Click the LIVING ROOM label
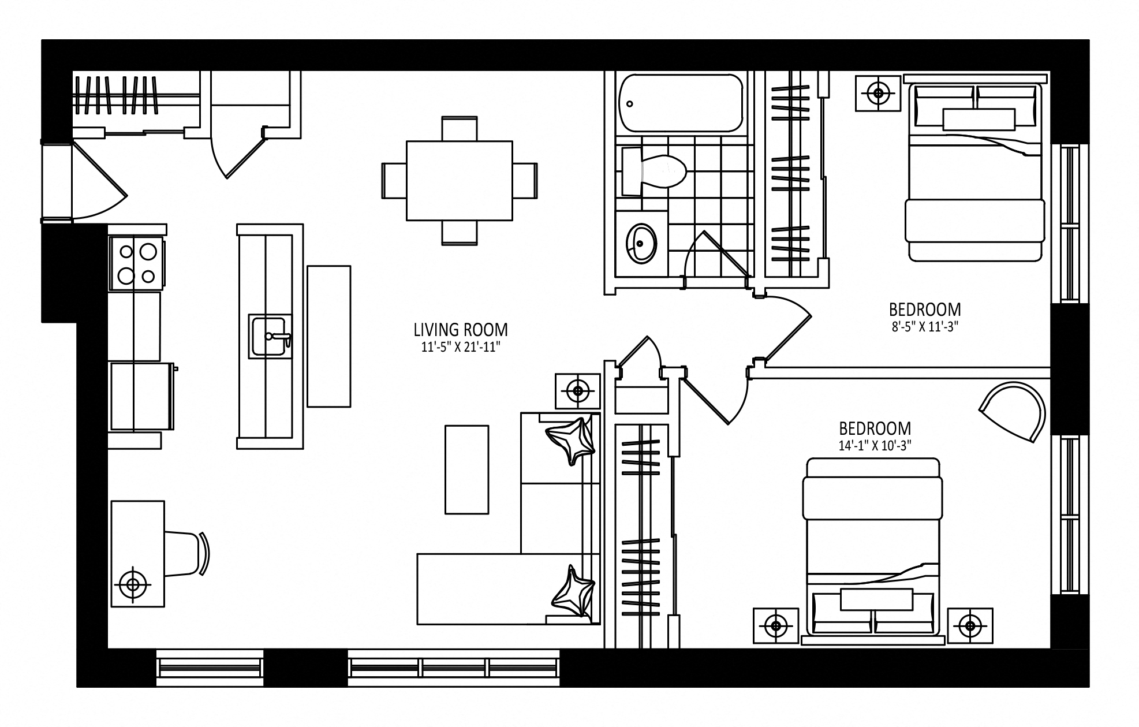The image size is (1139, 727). (x=461, y=330)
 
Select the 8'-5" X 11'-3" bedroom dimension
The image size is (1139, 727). (x=925, y=327)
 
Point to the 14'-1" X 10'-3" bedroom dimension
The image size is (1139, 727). (x=875, y=446)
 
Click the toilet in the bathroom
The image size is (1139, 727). (x=654, y=171)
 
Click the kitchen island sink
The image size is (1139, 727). (x=270, y=337)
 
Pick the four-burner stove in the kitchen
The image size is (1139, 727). (x=137, y=263)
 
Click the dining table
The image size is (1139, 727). (x=460, y=181)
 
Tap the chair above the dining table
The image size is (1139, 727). (x=460, y=129)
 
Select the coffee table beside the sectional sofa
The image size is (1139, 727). (x=466, y=469)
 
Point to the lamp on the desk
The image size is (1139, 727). (x=133, y=585)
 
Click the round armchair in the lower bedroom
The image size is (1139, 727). (x=1013, y=412)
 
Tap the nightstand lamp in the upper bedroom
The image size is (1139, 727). (x=878, y=92)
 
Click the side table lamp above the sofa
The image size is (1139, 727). (x=578, y=391)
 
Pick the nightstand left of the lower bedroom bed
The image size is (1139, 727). (x=776, y=626)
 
